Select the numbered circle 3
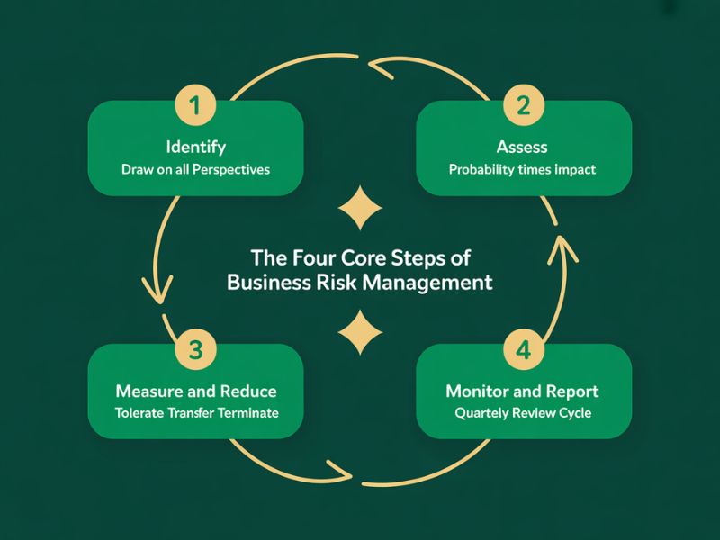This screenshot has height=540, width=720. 196,350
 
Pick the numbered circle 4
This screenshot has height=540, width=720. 524,350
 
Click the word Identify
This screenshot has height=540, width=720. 196,147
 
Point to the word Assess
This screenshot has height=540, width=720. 522,147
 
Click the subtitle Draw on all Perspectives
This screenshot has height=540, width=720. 196,169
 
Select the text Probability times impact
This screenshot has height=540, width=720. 522,169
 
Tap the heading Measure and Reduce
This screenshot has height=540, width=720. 196,391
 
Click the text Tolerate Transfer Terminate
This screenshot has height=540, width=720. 196,414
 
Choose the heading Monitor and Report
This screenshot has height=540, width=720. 522,391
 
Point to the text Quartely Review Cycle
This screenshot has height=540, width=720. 522,414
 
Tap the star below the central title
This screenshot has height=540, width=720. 359,333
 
